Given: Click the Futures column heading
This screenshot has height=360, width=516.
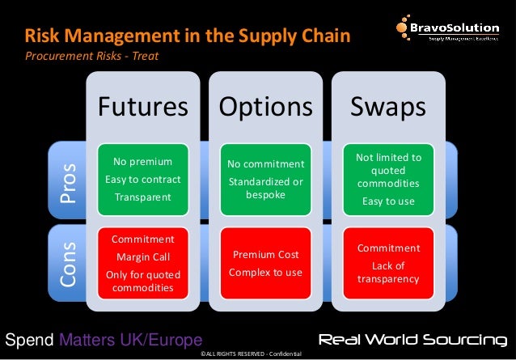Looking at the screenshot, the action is [x=143, y=106].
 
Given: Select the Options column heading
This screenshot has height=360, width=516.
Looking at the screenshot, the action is [x=264, y=106].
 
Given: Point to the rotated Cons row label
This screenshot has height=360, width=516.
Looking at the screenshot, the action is [x=70, y=262].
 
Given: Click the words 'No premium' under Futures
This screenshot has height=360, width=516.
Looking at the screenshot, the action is [x=143, y=163].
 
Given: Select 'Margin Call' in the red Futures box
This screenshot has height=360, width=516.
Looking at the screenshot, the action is [x=143, y=257].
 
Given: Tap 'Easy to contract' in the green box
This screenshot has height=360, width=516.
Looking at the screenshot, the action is [x=143, y=179].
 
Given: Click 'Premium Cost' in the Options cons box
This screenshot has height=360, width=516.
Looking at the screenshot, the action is [x=265, y=255].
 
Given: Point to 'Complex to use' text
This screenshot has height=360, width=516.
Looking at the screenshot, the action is [x=265, y=273].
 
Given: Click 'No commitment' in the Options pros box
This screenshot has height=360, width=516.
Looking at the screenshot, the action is [x=265, y=164].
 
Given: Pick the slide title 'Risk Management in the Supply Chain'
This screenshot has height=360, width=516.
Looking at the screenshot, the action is [x=187, y=36].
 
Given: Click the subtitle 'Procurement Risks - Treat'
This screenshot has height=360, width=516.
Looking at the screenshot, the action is [x=91, y=57].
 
